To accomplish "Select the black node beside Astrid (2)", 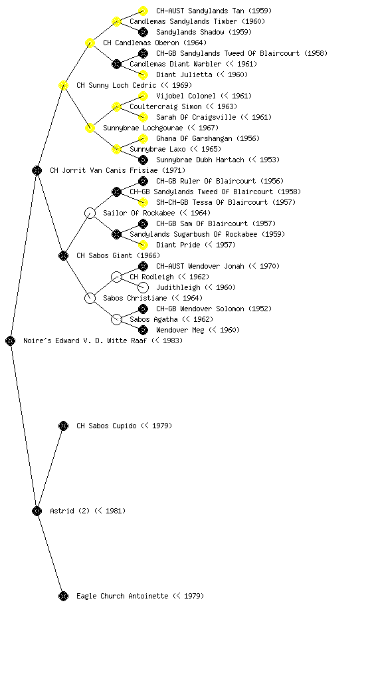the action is [x=37, y=511].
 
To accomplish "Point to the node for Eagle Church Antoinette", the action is [x=63, y=596].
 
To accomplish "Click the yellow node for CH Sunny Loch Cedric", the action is [x=63, y=85].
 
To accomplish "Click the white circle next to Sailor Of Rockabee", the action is [x=90, y=213].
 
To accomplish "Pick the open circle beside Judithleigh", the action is [x=143, y=287].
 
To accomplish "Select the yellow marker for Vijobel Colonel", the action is [x=143, y=96].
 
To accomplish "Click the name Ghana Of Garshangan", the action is [x=194, y=138].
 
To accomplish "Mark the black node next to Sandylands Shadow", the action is [x=143, y=32].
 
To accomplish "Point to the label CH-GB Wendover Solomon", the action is [x=201, y=309].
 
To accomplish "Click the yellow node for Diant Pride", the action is [x=143, y=245].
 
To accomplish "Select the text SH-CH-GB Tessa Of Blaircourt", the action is [x=212, y=202].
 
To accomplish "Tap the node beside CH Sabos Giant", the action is [x=63, y=255].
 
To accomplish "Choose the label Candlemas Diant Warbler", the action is [x=175, y=64].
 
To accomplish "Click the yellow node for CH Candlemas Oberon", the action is [x=90, y=43].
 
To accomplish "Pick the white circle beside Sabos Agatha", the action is [x=116, y=319].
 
